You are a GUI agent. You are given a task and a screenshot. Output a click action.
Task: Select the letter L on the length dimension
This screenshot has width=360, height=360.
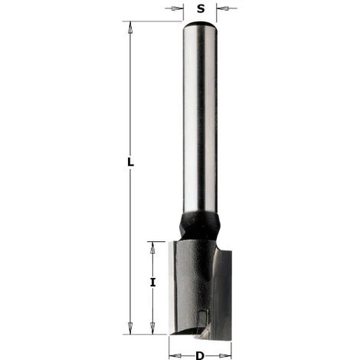coord(131,163)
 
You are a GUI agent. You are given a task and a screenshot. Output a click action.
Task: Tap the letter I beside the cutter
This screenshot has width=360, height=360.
coord(153,282)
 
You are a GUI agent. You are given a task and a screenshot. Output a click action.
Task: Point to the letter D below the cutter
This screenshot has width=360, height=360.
coord(200,355)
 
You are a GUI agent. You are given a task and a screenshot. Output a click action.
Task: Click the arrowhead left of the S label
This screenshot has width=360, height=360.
coord(180,9)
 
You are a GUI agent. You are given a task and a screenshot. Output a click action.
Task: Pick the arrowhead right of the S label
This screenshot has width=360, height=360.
coord(220,9)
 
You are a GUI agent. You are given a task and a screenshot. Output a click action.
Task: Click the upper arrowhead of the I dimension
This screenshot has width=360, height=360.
coord(153,246)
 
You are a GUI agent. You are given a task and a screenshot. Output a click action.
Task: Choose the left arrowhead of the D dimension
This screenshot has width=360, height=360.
coord(173,355)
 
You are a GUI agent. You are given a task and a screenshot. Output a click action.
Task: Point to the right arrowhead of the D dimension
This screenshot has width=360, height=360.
coord(227,355)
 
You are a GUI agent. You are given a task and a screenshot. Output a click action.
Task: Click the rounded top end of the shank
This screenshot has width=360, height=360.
coord(200,25)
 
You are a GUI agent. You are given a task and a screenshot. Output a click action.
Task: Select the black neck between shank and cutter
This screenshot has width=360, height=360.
coord(200,227)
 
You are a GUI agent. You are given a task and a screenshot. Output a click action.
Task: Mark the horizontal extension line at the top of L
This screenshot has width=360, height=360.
coord(153,21)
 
